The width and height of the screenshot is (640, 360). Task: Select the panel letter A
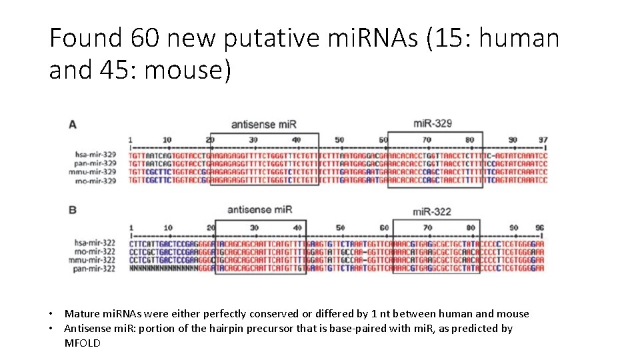pyautogui.click(x=72, y=124)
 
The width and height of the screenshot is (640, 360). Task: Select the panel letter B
pyautogui.click(x=72, y=210)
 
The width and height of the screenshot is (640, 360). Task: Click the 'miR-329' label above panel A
pyautogui.click(x=433, y=123)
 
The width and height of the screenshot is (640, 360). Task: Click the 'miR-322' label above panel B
pyautogui.click(x=432, y=211)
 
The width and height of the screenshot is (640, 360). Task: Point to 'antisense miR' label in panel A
pyautogui.click(x=264, y=124)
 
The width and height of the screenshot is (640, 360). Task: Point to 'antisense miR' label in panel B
pyautogui.click(x=260, y=209)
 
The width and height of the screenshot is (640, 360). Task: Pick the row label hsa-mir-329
pyautogui.click(x=97, y=155)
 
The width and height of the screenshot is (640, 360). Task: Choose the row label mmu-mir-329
pyautogui.click(x=96, y=172)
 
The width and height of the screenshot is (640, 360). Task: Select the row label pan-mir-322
pyautogui.click(x=97, y=269)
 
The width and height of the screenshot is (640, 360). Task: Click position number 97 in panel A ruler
pyautogui.click(x=543, y=139)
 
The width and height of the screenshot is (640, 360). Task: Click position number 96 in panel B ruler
pyautogui.click(x=539, y=227)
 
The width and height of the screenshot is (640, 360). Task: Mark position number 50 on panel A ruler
pyautogui.click(x=339, y=139)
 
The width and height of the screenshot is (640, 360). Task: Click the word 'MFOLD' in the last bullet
pyautogui.click(x=82, y=343)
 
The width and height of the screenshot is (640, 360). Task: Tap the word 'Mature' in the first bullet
pyautogui.click(x=81, y=314)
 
